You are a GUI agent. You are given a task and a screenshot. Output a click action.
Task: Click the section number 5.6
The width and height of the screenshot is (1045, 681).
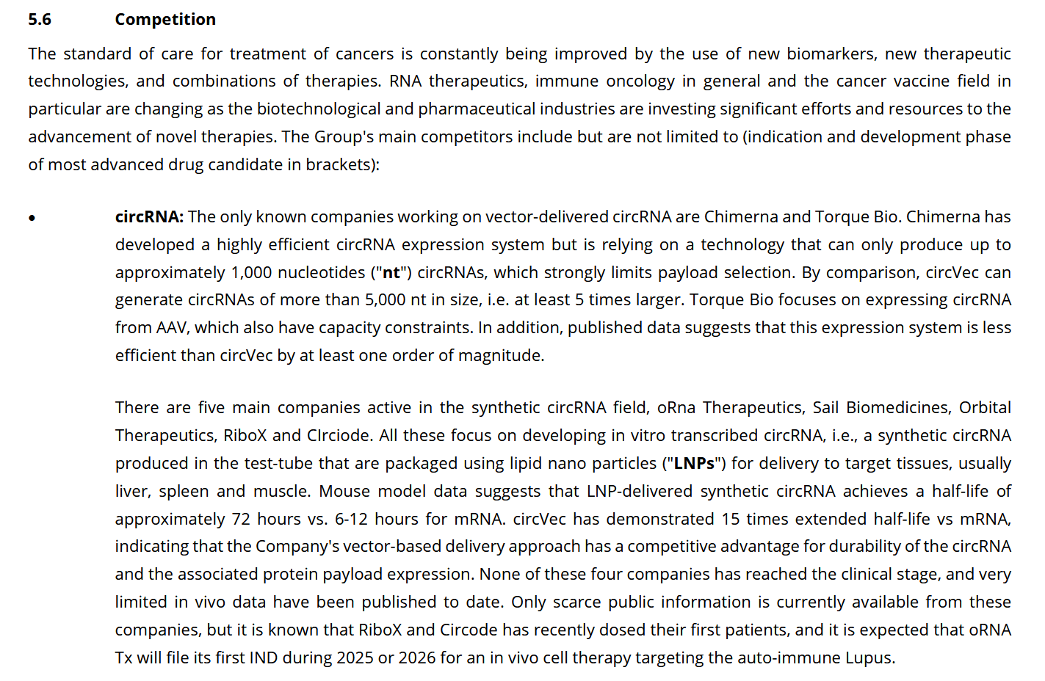40,20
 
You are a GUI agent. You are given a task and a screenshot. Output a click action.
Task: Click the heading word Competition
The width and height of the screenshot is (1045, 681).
165,20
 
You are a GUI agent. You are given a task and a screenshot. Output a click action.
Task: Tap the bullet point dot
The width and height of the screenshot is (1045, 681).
32,218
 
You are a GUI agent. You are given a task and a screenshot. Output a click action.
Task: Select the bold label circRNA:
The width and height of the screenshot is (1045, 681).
149,217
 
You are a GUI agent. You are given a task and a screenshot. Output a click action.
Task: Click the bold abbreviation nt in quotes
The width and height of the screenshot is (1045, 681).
391,273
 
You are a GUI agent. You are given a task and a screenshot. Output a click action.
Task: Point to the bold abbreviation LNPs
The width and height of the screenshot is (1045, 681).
694,464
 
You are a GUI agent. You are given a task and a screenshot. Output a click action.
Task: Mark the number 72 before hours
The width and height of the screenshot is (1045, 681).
241,520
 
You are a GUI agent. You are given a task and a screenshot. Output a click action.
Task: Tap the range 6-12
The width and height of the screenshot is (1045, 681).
351,520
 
